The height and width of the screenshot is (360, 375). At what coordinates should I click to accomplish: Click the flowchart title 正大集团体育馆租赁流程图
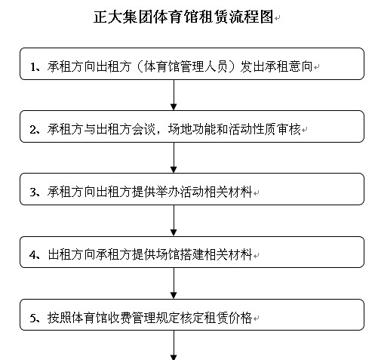click(x=183, y=17)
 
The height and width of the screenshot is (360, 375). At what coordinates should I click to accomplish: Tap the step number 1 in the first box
click(x=33, y=67)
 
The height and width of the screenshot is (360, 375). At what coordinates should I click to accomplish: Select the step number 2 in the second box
click(x=33, y=130)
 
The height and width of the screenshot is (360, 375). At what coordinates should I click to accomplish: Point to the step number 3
click(x=33, y=192)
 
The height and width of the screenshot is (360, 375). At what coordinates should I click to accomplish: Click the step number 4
click(x=33, y=255)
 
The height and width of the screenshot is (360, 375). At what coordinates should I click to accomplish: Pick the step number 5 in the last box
click(x=33, y=318)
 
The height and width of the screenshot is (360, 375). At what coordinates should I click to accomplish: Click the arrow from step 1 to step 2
click(x=174, y=95)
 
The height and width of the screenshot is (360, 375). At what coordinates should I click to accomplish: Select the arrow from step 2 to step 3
click(x=174, y=158)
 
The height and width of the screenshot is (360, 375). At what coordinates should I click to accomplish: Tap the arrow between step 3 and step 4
click(x=174, y=220)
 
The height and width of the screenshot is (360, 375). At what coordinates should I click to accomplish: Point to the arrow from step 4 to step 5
click(x=174, y=283)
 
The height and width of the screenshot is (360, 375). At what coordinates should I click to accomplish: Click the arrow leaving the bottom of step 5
click(x=174, y=345)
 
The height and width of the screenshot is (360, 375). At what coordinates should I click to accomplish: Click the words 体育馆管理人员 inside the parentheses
click(x=186, y=66)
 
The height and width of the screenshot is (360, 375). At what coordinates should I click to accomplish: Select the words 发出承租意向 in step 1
click(x=276, y=66)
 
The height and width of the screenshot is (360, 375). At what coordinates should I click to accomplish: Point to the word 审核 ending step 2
click(x=289, y=129)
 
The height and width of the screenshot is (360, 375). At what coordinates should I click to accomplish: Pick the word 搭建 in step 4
click(x=192, y=254)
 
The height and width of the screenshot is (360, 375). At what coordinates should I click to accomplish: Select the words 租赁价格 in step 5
click(x=228, y=317)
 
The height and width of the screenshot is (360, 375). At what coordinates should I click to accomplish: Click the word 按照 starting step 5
click(x=60, y=317)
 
